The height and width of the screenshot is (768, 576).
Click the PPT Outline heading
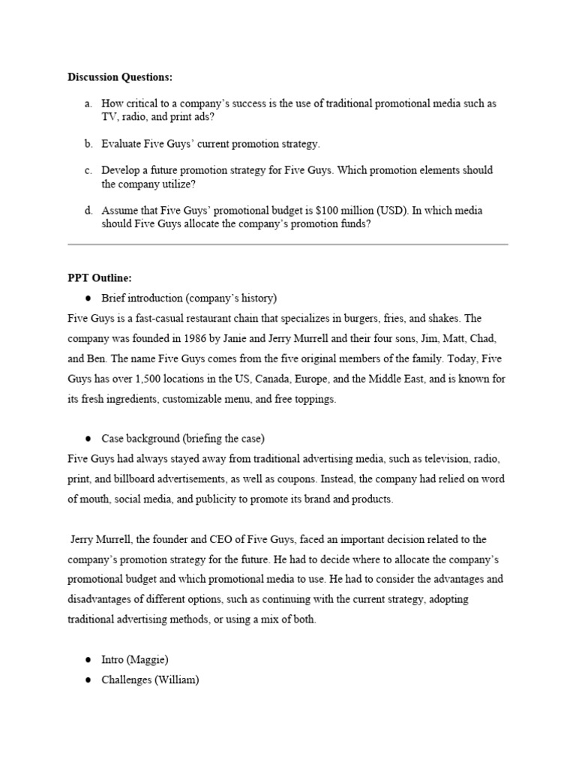[x=100, y=277]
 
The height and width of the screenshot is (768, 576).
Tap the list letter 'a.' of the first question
[x=88, y=103]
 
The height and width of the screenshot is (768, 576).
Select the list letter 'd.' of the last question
[x=88, y=211]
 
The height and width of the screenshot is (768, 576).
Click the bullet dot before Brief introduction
[x=88, y=298]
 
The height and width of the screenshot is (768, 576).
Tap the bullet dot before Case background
[x=88, y=439]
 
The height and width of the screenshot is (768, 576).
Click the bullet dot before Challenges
[x=88, y=680]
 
